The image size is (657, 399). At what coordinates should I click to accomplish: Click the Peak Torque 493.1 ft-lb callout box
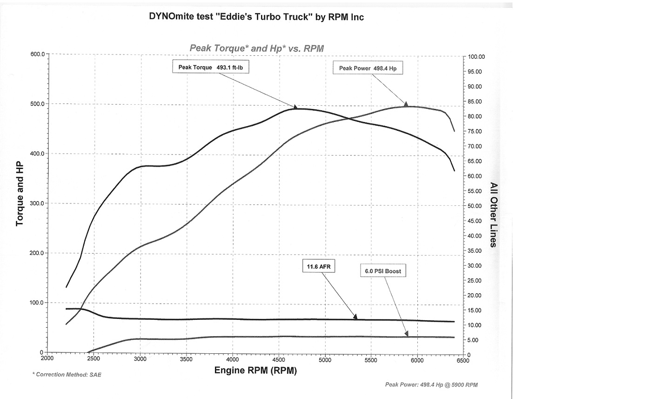click(211, 67)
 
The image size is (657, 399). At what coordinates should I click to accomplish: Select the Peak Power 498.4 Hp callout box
click(368, 68)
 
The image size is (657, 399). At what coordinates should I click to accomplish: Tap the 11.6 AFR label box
click(319, 266)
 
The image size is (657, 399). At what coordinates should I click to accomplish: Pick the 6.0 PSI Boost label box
click(383, 271)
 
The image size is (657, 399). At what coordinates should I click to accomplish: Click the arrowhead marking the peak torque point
click(295, 107)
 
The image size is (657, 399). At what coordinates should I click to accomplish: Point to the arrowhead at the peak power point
click(406, 104)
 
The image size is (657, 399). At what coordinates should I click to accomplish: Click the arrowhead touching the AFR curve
click(355, 317)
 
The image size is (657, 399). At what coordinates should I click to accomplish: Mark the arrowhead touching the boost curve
click(407, 334)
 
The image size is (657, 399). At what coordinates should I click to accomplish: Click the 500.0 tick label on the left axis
click(37, 104)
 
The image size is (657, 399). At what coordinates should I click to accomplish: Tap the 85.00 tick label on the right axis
click(475, 101)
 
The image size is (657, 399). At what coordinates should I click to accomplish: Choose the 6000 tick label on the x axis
click(417, 360)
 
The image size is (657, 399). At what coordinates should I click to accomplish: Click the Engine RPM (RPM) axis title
click(255, 370)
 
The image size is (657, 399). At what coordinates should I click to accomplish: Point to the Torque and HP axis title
click(20, 194)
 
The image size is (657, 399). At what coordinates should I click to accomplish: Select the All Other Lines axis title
click(494, 215)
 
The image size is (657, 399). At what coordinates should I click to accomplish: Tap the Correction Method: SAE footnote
click(67, 375)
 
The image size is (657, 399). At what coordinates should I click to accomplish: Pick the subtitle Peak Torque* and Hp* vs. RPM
click(257, 48)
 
